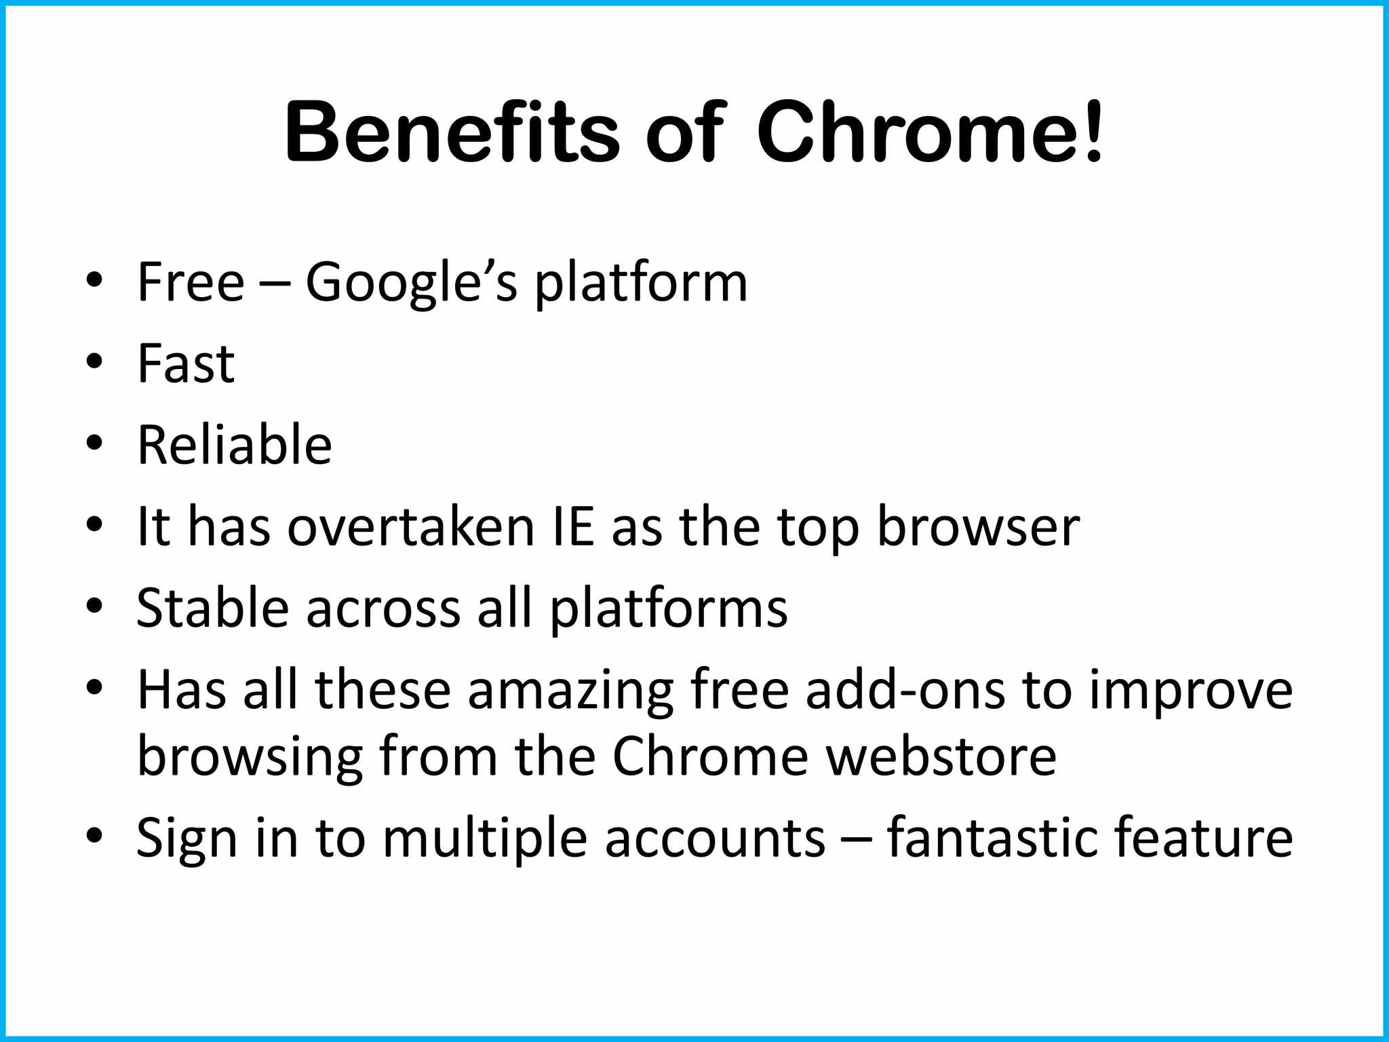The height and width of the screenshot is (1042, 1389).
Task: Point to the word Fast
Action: (x=186, y=364)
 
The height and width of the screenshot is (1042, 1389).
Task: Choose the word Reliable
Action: (x=235, y=445)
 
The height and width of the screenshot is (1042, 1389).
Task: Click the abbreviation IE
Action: (x=574, y=526)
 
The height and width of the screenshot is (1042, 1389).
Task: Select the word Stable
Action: (x=213, y=608)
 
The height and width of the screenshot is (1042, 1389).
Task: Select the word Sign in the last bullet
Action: (x=187, y=840)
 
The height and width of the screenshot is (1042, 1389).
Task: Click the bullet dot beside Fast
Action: (x=94, y=360)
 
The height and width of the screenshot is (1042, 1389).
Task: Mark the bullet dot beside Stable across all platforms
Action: (x=94, y=604)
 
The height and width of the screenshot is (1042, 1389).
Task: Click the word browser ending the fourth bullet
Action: (x=978, y=528)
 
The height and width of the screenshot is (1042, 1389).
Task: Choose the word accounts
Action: (x=715, y=840)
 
